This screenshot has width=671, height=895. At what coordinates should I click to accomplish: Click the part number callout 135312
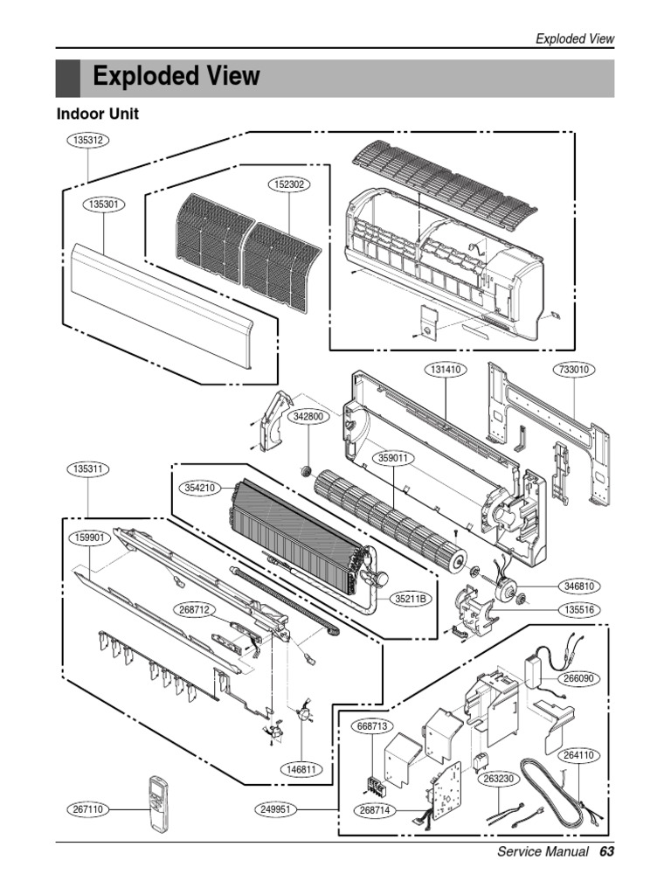coord(86,140)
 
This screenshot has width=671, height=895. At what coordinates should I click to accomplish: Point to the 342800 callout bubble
coord(309,417)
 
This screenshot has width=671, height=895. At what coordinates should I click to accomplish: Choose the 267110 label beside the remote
coord(86,809)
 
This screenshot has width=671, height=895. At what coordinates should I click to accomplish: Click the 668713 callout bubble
coord(372,726)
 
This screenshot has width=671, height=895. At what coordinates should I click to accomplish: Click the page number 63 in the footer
coord(607,852)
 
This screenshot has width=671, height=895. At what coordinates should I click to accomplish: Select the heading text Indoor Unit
coord(98,114)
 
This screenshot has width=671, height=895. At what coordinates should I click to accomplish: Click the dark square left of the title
coord(67,79)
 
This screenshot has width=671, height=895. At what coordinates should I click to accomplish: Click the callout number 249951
coord(276,809)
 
